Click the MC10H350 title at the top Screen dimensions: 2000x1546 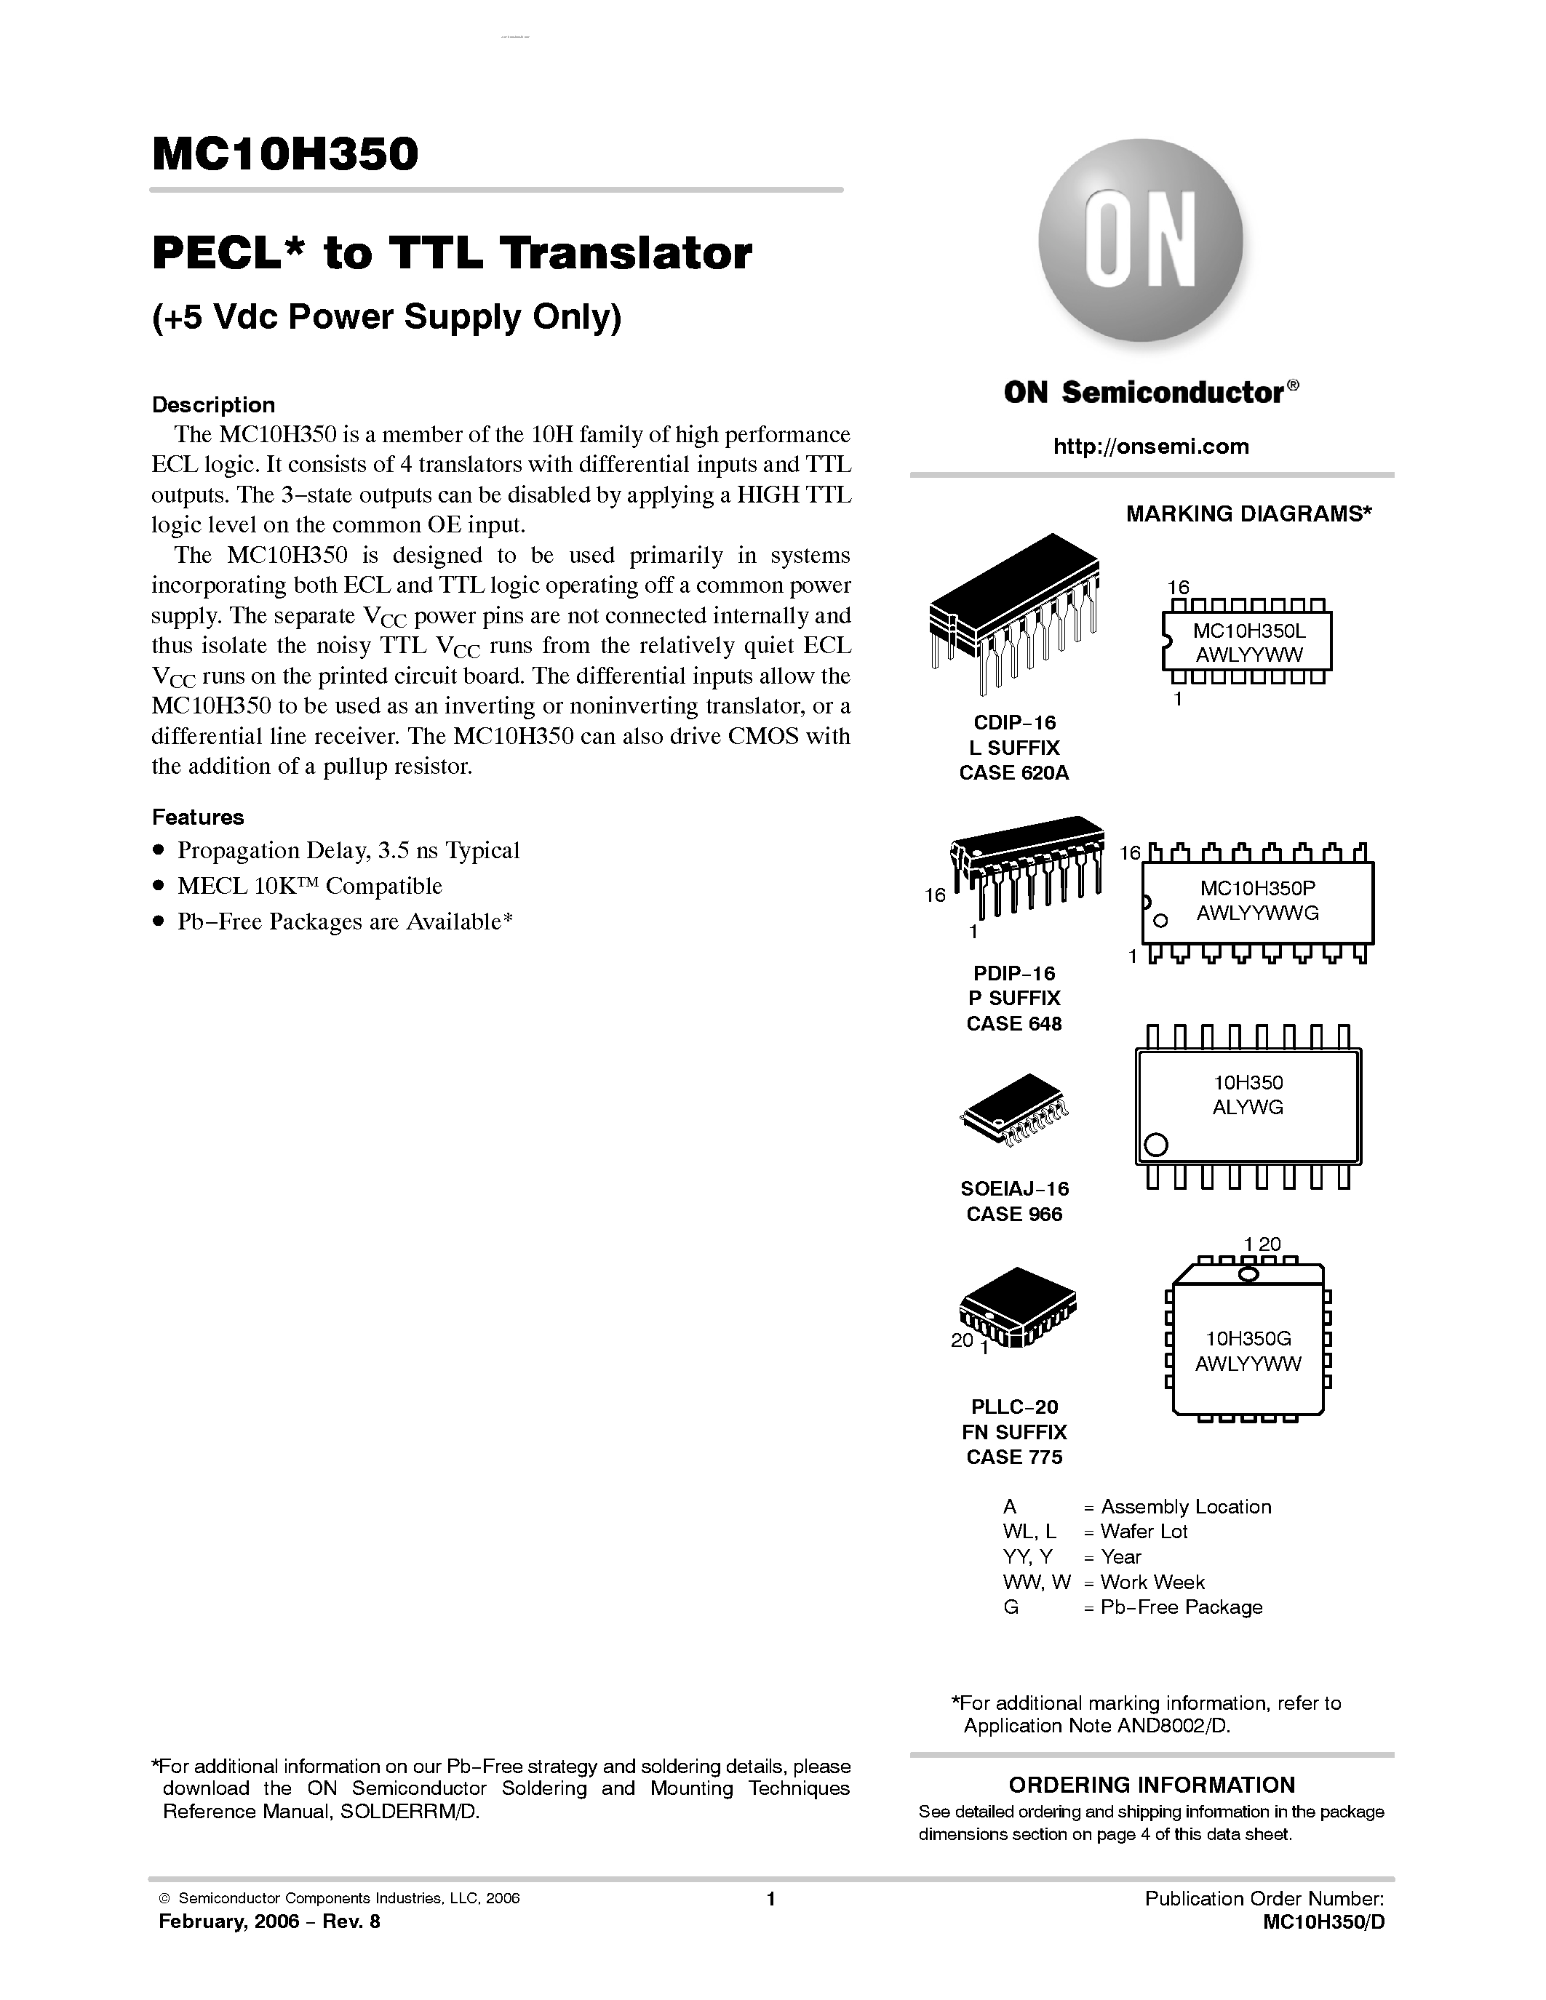285,154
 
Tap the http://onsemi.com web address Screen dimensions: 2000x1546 1150,446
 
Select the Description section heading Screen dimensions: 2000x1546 212,405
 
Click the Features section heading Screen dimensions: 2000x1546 198,817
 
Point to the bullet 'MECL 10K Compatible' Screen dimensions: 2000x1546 310,887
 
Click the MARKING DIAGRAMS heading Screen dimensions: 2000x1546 1248,513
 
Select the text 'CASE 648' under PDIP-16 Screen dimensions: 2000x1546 1014,1024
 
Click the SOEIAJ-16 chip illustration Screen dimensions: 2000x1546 1014,1111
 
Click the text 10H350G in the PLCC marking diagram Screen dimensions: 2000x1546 1248,1338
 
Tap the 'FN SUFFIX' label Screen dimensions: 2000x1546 1014,1432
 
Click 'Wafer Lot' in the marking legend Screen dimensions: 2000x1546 1143,1531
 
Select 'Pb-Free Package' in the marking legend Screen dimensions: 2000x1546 1181,1607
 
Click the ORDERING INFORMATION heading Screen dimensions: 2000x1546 1151,1784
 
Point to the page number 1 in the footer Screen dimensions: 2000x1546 771,1898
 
